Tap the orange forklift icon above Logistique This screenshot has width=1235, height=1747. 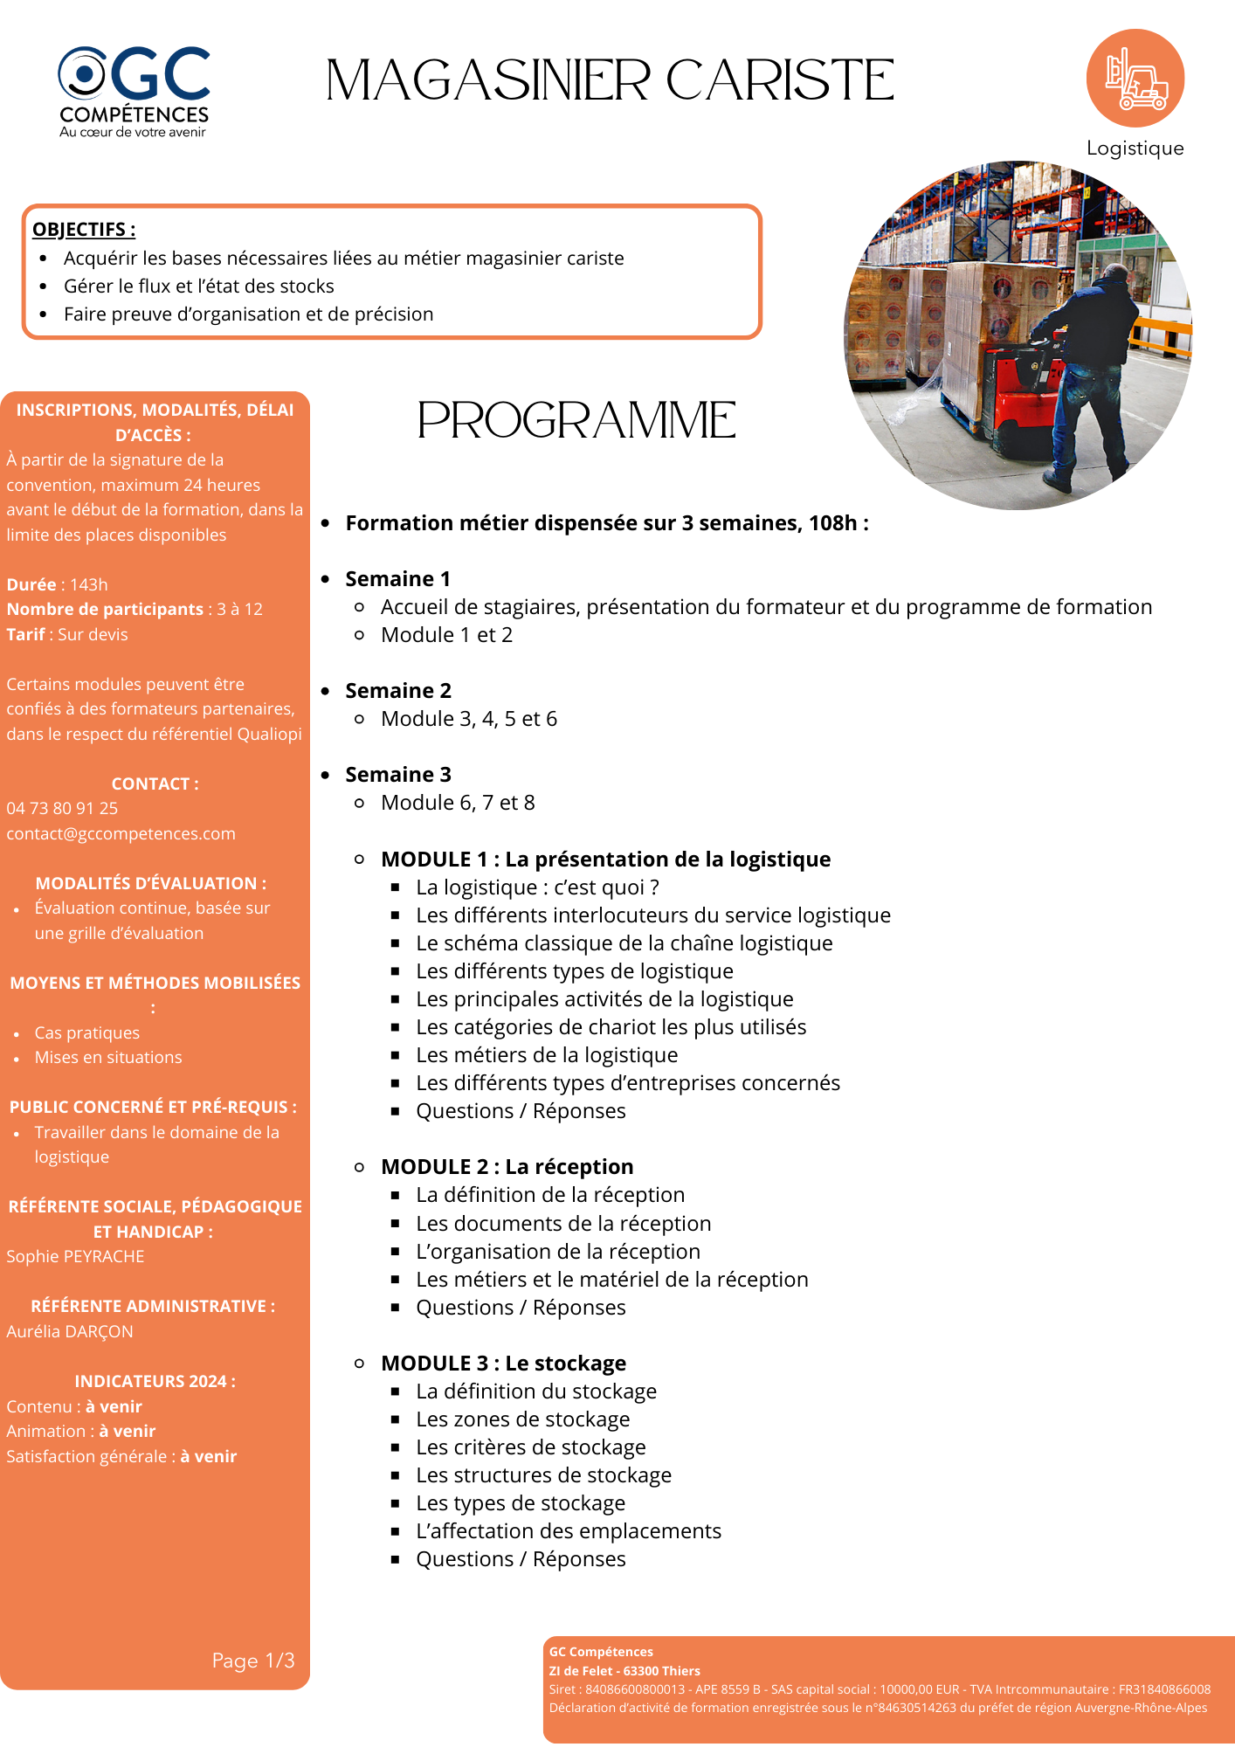coord(1135,79)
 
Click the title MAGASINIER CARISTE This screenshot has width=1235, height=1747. coord(610,81)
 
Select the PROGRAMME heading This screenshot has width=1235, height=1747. coord(576,420)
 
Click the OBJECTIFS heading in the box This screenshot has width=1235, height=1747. coord(84,230)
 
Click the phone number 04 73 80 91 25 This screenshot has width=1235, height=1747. coord(62,809)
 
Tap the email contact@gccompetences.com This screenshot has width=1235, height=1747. coord(121,834)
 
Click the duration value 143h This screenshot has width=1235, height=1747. coord(89,585)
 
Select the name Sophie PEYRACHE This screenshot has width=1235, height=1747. coord(75,1257)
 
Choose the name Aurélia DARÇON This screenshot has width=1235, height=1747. coord(70,1332)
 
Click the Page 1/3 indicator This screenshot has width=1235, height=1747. coord(253,1661)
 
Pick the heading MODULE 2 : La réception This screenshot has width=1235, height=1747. coord(507,1167)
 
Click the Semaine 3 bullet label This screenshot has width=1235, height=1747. coord(398,775)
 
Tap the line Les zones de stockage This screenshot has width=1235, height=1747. coord(522,1419)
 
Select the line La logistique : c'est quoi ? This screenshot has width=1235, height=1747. coord(537,887)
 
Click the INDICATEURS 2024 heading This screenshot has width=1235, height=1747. coord(155,1382)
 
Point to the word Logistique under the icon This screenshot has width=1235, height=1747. coord(1135,148)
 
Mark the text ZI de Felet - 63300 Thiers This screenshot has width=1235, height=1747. coord(624,1671)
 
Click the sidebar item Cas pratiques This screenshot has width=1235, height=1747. coord(86,1033)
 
